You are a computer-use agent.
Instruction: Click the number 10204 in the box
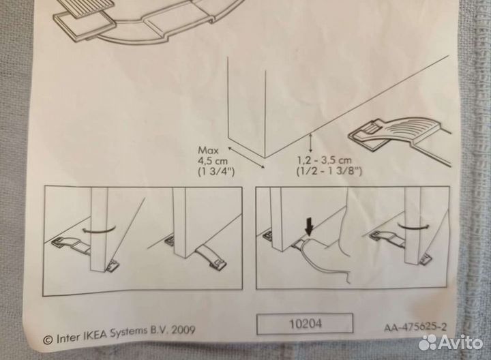point(305,324)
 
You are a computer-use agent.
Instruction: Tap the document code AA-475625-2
point(415,327)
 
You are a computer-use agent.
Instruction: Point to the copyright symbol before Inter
point(48,340)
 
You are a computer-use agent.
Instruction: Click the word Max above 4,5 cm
point(208,150)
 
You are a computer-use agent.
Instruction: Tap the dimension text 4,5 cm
point(213,161)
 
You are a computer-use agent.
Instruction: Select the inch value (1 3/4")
point(216,172)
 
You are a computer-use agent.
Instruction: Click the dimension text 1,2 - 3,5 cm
point(325,160)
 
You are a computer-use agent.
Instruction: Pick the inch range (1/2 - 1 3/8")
point(329,171)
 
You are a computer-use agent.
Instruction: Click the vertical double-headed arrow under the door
point(311,143)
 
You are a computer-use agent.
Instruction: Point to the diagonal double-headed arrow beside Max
point(246,157)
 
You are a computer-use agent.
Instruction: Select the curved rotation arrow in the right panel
point(413,226)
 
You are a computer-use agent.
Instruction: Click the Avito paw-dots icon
point(428,342)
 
